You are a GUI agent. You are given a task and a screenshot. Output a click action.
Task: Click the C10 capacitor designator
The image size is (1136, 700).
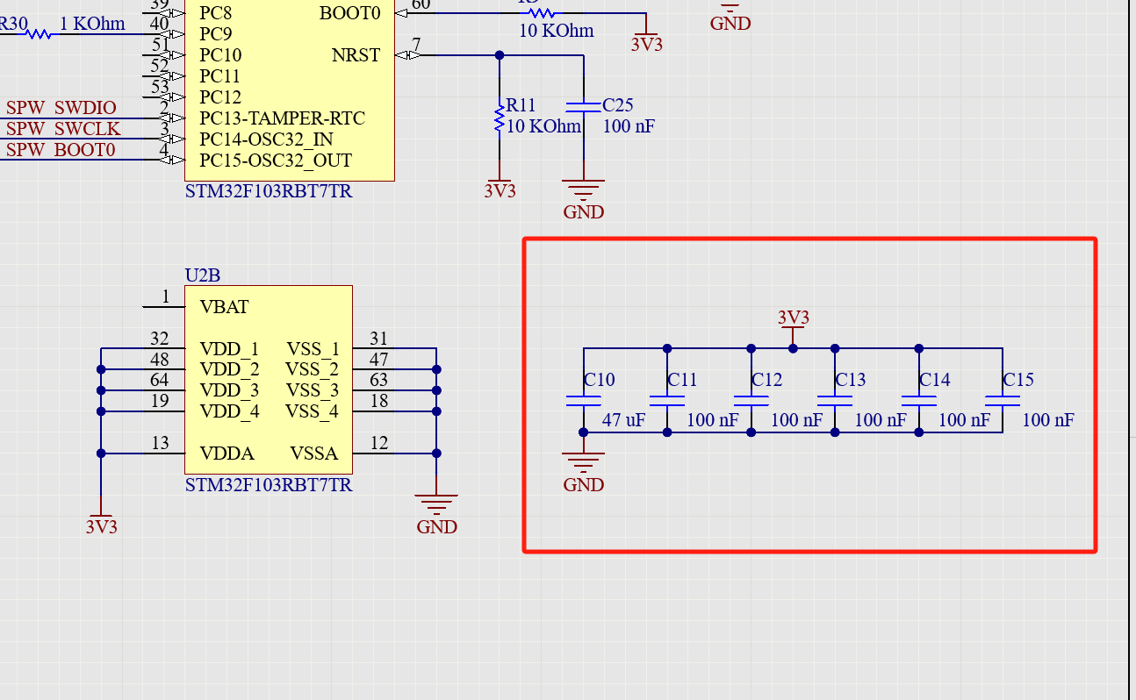point(600,380)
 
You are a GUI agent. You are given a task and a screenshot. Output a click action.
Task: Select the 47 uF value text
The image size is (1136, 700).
point(623,420)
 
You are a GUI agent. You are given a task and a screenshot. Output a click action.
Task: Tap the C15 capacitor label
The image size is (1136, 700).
point(1018,380)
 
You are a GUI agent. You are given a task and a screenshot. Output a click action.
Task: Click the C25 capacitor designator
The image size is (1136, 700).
point(618,105)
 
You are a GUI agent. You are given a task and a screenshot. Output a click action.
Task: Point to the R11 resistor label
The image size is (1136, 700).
point(521,105)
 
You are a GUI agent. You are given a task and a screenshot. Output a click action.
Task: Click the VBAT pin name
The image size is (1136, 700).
point(224,307)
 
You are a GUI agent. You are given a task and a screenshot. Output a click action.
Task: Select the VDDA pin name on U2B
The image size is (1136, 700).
point(226,454)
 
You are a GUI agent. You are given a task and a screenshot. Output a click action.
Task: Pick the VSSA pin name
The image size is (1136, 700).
point(313,454)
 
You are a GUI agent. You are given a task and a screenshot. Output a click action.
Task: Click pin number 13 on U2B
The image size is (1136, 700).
point(160,443)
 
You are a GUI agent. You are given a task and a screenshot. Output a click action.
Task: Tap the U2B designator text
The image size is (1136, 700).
point(202,275)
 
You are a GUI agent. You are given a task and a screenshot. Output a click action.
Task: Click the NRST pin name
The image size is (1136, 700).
point(356,55)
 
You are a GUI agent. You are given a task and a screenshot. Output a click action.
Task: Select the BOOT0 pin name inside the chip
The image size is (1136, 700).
point(350,13)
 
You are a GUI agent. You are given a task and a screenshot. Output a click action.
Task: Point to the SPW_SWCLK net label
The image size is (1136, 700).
point(63,129)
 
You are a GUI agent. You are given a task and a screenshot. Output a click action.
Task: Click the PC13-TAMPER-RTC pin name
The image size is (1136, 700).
point(282,118)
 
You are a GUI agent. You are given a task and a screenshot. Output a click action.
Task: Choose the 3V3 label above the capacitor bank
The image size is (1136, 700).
point(794,318)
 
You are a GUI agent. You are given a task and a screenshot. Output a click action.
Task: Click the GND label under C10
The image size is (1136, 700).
point(584,485)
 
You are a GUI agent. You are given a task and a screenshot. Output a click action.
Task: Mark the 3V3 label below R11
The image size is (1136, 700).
point(500,191)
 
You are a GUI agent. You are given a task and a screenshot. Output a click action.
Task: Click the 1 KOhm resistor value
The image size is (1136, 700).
point(92,24)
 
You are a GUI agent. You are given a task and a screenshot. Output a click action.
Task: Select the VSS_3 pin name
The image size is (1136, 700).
point(312,390)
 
